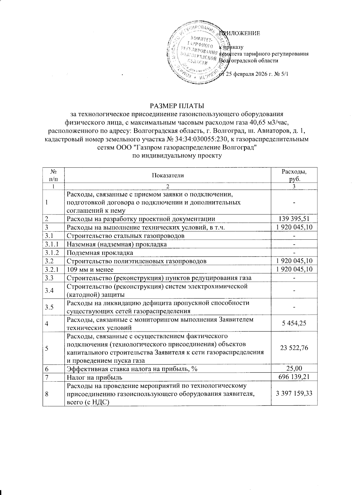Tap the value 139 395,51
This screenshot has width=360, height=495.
click(294, 219)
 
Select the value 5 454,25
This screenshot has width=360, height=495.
click(294, 323)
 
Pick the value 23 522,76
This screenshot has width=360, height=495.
click(294, 348)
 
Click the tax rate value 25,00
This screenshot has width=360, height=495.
click(294, 368)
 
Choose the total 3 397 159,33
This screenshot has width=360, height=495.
click(294, 393)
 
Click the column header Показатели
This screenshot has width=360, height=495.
click(168, 175)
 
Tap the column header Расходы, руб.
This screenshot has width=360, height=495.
click(294, 175)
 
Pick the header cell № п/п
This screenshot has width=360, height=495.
click(53, 175)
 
